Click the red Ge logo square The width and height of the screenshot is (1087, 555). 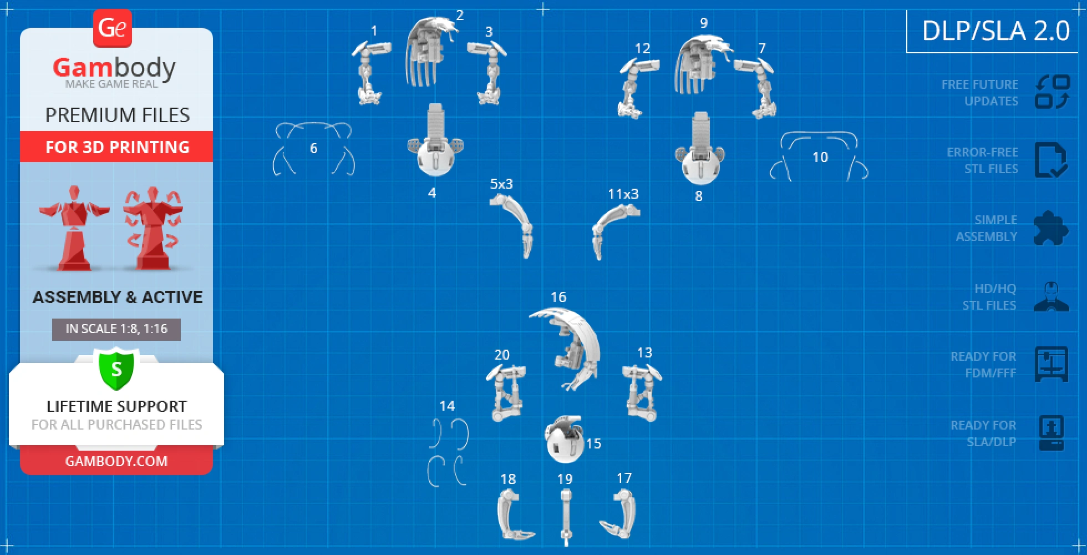[113, 28]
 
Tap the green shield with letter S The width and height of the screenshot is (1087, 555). [116, 369]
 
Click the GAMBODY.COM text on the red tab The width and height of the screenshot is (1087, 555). [116, 461]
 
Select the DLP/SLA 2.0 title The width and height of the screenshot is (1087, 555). [995, 30]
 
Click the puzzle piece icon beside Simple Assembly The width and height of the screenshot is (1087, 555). [1051, 228]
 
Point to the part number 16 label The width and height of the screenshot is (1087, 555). [558, 297]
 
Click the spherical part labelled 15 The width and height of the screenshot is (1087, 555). [564, 439]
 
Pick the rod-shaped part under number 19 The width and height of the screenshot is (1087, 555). [566, 516]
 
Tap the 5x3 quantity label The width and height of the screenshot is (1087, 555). [501, 184]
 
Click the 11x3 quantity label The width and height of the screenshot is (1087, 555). [623, 194]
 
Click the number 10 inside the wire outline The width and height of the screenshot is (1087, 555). [820, 158]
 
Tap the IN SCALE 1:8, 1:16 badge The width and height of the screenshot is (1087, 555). [116, 329]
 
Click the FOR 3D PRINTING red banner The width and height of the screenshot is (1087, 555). [116, 147]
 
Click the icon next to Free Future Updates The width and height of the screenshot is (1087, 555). [1052, 92]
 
